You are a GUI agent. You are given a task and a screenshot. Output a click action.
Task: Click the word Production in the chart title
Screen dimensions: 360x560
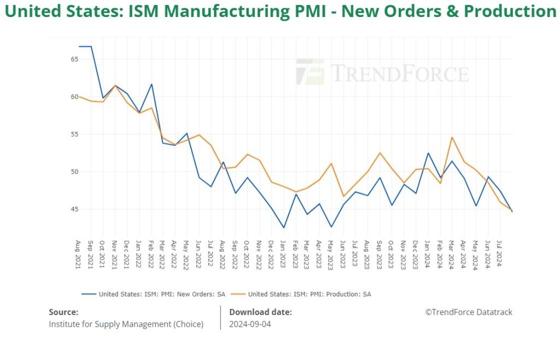(x=510, y=11)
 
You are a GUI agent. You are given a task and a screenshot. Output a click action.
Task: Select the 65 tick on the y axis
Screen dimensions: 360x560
(x=74, y=59)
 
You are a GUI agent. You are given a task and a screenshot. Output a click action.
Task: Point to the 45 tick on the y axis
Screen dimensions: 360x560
(x=74, y=210)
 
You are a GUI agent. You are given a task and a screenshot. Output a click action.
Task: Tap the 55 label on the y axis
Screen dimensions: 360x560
(x=74, y=134)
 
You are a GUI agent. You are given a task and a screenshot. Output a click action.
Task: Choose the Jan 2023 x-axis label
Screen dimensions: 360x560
(x=283, y=254)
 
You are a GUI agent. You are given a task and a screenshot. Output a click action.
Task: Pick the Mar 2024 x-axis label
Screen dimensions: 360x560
(x=452, y=254)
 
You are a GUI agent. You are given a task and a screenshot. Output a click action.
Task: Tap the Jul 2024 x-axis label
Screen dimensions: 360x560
(x=500, y=254)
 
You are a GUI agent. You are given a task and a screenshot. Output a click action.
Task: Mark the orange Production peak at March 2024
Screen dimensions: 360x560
(x=452, y=137)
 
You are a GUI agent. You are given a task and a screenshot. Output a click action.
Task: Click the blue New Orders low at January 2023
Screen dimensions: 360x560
(x=283, y=228)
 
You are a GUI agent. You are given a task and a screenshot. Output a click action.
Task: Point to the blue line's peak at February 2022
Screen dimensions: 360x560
(x=151, y=84)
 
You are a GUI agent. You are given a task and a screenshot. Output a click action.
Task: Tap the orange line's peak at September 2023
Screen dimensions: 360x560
(x=380, y=153)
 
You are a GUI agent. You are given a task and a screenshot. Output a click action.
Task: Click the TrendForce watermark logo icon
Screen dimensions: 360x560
(x=310, y=72)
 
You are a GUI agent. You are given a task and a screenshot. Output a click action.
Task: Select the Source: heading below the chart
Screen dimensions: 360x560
(x=63, y=312)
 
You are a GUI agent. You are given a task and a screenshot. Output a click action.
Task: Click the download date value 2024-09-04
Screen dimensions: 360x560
(x=250, y=324)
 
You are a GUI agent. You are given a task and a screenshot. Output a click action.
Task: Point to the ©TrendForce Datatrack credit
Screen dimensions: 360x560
(x=469, y=312)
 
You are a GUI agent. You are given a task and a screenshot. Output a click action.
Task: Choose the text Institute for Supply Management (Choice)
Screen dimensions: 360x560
(x=126, y=324)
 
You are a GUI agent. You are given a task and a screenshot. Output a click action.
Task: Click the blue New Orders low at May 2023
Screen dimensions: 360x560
(x=331, y=227)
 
